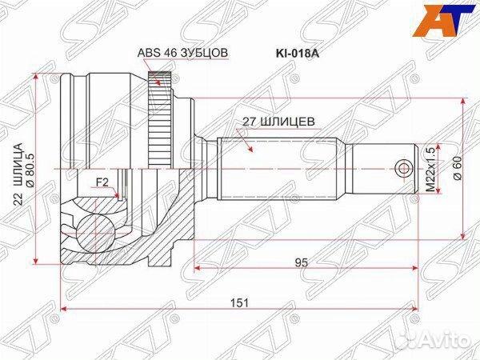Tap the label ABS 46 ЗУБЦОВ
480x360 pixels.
click(x=183, y=53)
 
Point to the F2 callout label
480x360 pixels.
click(x=102, y=183)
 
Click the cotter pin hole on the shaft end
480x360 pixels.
click(x=404, y=169)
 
